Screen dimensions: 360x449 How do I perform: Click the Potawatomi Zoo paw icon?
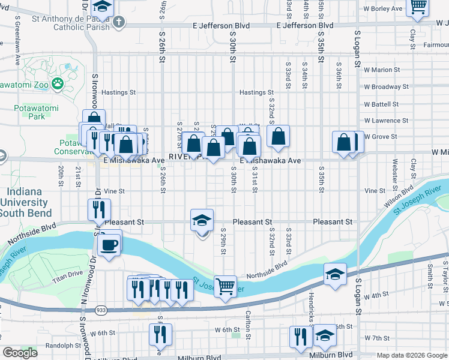(x=58, y=83)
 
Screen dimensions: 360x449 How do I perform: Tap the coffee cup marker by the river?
(x=109, y=245)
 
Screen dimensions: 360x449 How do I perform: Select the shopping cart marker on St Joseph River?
(x=225, y=286)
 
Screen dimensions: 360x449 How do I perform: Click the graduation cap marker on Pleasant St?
(x=202, y=221)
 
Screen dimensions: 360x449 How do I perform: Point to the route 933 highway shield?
(x=100, y=310)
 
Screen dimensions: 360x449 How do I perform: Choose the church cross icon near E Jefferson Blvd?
(x=119, y=22)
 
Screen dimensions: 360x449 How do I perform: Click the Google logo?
(x=20, y=353)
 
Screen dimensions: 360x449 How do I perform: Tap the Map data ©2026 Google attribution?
(x=411, y=355)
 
